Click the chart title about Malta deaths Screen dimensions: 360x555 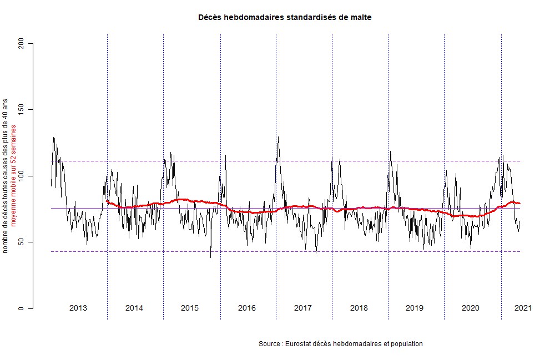(x=285, y=17)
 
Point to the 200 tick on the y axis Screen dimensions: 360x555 (x=22, y=43)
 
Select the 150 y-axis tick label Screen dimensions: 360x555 (x=22, y=109)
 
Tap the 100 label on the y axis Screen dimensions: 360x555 (x=22, y=176)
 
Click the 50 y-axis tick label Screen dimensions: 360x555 (x=22, y=242)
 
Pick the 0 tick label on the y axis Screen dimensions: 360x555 (x=22, y=308)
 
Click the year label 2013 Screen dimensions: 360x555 (x=78, y=308)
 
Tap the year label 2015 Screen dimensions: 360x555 (x=190, y=308)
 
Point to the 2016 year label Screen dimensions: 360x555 (x=246, y=308)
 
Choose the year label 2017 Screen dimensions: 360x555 (x=302, y=308)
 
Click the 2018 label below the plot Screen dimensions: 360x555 (x=359, y=308)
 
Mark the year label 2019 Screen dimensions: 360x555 (x=415, y=308)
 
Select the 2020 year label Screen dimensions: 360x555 (x=471, y=308)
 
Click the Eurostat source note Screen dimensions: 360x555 (x=340, y=344)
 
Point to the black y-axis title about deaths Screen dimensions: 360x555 (x=6, y=176)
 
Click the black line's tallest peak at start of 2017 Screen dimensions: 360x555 (x=278, y=137)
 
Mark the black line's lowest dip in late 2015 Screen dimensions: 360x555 (x=210, y=257)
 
